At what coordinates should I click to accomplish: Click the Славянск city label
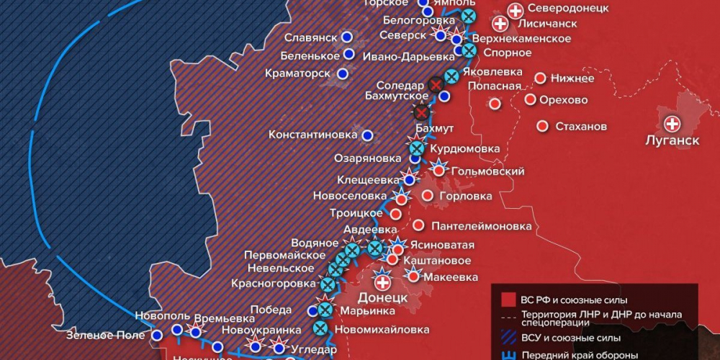(x=310, y=37)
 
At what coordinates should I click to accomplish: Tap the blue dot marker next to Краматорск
(x=343, y=73)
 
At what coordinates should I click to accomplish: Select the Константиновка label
(x=313, y=135)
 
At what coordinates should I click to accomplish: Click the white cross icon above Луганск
(x=672, y=122)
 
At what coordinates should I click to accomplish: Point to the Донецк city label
(x=382, y=297)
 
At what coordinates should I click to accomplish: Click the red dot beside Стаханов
(x=542, y=126)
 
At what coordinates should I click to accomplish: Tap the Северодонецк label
(x=568, y=9)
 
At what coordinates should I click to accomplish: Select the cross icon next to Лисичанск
(x=501, y=24)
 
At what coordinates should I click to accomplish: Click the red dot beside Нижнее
(x=539, y=78)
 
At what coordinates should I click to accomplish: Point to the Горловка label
(x=467, y=196)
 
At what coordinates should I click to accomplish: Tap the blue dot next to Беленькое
(x=349, y=54)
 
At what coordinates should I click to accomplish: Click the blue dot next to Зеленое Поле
(x=157, y=335)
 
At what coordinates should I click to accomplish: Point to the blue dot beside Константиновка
(x=368, y=135)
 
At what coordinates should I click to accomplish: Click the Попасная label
(x=494, y=86)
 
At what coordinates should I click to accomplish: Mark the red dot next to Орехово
(x=531, y=99)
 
